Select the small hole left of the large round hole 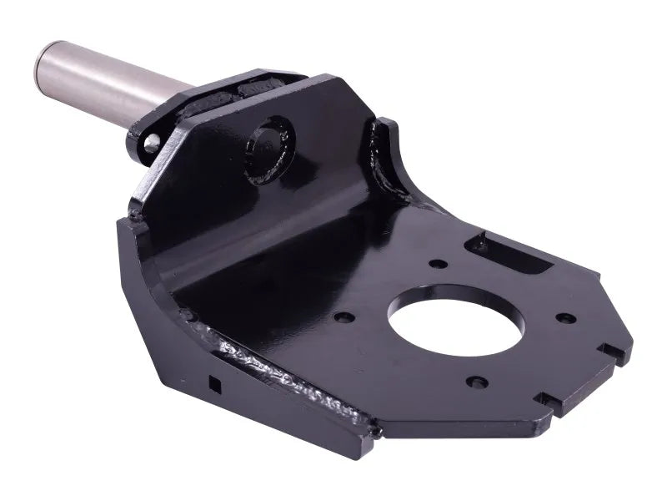coord(341,318)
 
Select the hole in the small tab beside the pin coord(151,144)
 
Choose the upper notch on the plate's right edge coord(614,352)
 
